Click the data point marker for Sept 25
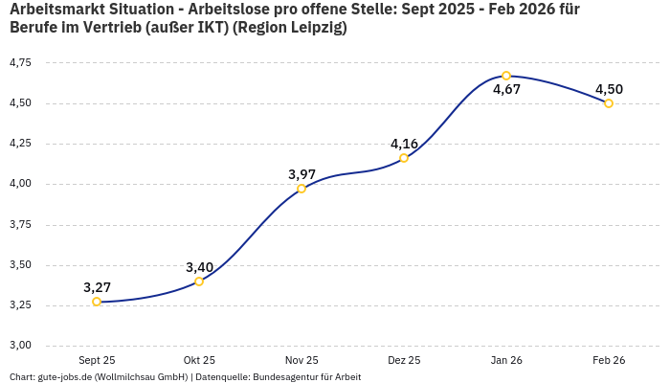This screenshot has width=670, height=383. tap(97, 302)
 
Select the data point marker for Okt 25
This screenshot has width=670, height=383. tap(199, 282)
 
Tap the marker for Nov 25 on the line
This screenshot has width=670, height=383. tap(301, 189)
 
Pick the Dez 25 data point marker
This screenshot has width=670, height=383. tap(404, 158)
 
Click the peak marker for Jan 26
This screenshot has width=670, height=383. tap(506, 76)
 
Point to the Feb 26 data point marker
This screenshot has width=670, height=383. tap(609, 103)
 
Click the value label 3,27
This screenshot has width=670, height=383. tap(97, 287)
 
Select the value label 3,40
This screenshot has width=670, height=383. tap(199, 267)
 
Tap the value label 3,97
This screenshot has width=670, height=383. tap(301, 174)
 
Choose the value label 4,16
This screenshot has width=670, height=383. tap(404, 144)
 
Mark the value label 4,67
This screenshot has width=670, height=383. tap(506, 90)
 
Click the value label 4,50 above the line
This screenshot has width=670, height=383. tap(609, 89)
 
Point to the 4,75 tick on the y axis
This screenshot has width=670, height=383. tap(20, 63)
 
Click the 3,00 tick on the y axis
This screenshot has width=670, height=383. tap(20, 346)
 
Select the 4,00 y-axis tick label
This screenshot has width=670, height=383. tap(20, 184)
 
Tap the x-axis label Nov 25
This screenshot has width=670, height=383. tap(301, 360)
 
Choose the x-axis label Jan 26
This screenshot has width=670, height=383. tap(506, 360)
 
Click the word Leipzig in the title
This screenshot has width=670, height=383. tap(312, 28)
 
